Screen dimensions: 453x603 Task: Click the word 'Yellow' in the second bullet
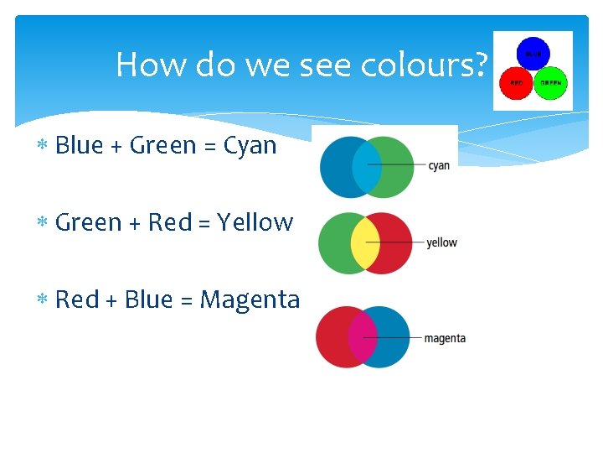255,223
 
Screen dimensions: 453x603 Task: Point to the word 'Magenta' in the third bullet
250,299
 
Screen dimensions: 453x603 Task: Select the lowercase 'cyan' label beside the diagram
439,165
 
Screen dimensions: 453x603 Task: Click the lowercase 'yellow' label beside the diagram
441,243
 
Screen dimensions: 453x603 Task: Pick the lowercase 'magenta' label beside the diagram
445,339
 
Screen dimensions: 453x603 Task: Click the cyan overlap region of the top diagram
366,167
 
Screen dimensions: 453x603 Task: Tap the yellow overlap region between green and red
365,243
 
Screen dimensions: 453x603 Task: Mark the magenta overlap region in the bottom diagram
363,337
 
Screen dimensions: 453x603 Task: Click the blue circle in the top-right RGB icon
533,55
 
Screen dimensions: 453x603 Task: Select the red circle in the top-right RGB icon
515,84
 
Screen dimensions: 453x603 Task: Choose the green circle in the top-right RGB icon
550,84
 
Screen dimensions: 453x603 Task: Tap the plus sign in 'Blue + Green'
116,147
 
